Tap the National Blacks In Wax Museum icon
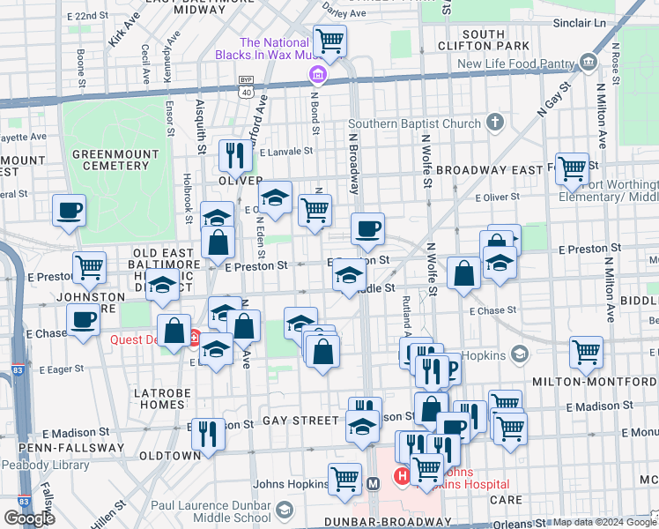tap(316, 78)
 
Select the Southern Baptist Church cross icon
tap(496, 123)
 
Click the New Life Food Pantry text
tap(527, 64)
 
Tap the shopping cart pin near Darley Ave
tap(329, 40)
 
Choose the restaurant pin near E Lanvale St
tap(234, 154)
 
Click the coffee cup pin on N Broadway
tap(367, 227)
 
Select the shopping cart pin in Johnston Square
tap(88, 267)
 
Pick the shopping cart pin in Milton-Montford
tap(586, 352)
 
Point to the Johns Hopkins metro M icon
tap(373, 483)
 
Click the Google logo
tap(29, 518)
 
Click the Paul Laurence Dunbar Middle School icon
tap(284, 510)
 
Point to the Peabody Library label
tap(39, 465)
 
